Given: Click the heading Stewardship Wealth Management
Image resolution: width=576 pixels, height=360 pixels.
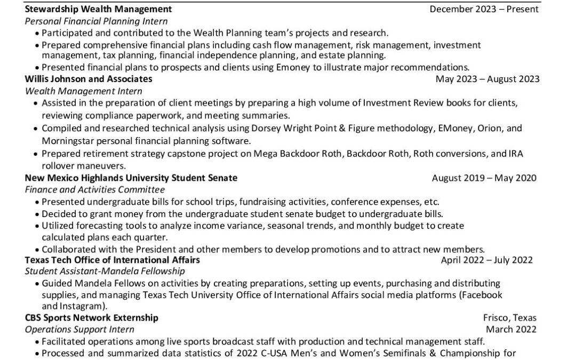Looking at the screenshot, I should pyautogui.click(x=98, y=9).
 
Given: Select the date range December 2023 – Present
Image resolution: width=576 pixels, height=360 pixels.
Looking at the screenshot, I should pyautogui.click(x=484, y=9).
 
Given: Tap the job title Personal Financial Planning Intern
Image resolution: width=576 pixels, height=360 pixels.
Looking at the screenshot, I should pyautogui.click(x=96, y=21).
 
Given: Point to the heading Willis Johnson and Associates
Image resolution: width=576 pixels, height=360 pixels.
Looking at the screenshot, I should pyautogui.click(x=89, y=79).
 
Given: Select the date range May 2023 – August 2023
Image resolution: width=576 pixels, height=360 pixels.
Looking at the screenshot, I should pyautogui.click(x=487, y=79).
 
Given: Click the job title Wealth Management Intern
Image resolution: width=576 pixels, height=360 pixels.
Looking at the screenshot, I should pyautogui.click(x=83, y=91).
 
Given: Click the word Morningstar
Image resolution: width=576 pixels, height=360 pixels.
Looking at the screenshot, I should pyautogui.click(x=67, y=141).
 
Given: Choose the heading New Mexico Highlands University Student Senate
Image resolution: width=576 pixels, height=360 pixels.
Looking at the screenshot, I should pyautogui.click(x=131, y=178).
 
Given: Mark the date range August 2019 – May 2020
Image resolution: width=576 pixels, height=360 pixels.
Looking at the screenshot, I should pyautogui.click(x=484, y=178).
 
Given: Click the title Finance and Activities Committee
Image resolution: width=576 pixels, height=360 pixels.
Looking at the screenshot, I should pyautogui.click(x=95, y=189).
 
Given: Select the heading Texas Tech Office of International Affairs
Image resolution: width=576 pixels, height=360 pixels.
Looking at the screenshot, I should pyautogui.click(x=113, y=260).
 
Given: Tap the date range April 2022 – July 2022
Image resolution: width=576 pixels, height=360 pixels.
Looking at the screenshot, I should pyautogui.click(x=486, y=260).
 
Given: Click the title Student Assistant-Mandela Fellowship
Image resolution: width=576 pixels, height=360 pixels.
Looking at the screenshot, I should pyautogui.click(x=105, y=271).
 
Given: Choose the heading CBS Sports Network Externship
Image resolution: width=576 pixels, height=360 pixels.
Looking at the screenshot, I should pyautogui.click(x=92, y=317).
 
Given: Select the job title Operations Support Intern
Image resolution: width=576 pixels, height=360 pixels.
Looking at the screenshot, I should pyautogui.click(x=79, y=330).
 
